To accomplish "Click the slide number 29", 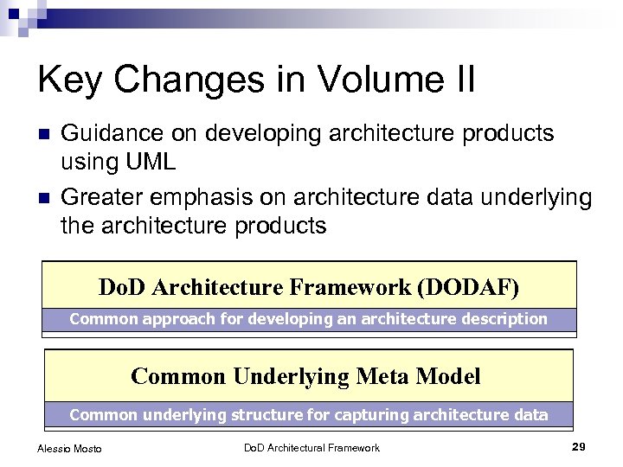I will click(579, 446).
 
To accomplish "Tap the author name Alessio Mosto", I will click(69, 448).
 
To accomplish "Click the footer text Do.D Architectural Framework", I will click(311, 447).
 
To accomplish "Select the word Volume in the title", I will click(367, 80).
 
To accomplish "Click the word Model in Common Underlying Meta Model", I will click(447, 376).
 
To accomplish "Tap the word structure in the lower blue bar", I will click(264, 414).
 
